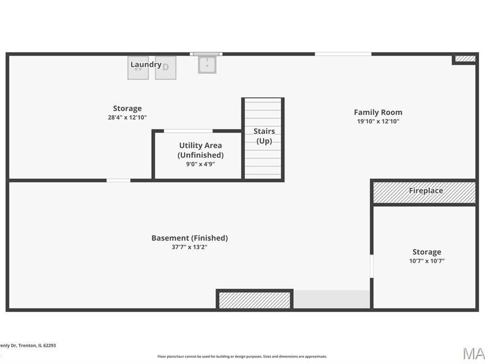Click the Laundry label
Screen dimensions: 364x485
(x=145, y=65)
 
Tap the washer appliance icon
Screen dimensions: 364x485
(x=138, y=68)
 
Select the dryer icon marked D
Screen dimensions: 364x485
(x=165, y=68)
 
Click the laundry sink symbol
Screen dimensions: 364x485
(x=207, y=65)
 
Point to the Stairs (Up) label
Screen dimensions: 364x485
(x=264, y=136)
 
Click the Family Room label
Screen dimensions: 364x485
(x=378, y=112)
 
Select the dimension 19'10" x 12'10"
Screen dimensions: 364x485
(x=378, y=121)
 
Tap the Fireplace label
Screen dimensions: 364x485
(x=426, y=191)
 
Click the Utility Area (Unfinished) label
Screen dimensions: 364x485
(x=200, y=150)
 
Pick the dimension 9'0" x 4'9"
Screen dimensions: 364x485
(x=200, y=164)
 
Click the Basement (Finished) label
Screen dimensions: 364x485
(x=189, y=238)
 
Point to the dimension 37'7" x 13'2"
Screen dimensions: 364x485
(x=189, y=247)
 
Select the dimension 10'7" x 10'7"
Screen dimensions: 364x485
(x=427, y=261)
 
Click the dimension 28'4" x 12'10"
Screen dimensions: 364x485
(x=127, y=117)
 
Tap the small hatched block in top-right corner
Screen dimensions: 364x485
(x=465, y=59)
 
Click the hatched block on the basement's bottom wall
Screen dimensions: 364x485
(x=254, y=300)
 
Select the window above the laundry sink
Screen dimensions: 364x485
(x=206, y=54)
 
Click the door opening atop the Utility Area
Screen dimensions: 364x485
(x=188, y=131)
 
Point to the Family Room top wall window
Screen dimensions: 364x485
(x=343, y=54)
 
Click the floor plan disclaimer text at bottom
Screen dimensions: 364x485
(x=242, y=356)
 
